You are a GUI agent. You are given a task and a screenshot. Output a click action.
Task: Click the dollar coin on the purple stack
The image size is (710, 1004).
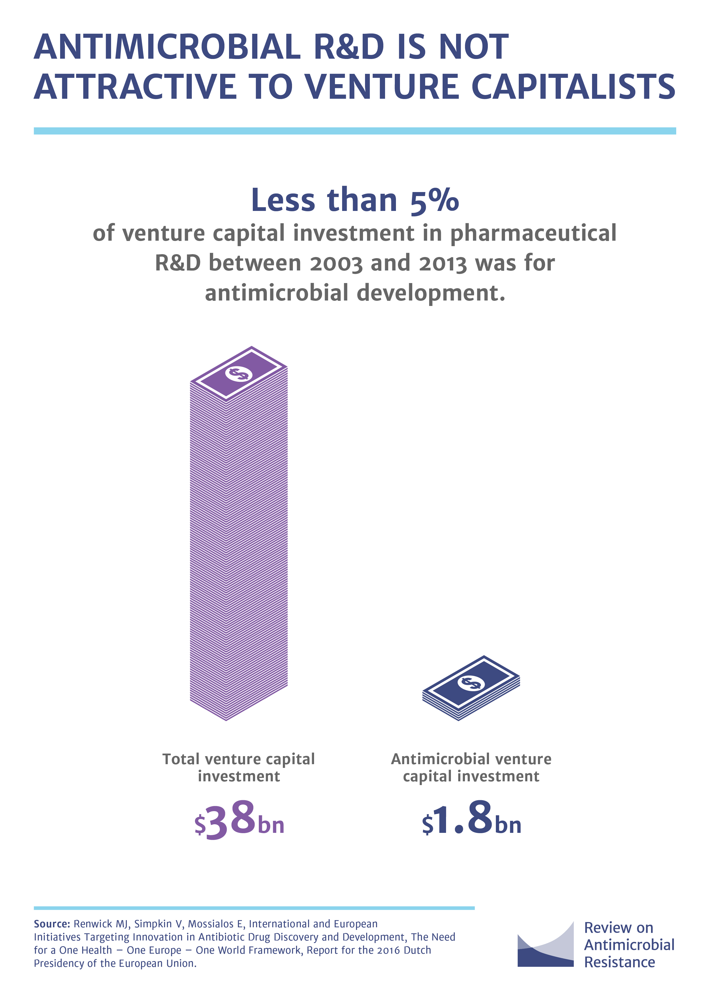coord(239,373)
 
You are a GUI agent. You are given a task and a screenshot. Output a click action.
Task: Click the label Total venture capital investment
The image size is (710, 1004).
coord(239,768)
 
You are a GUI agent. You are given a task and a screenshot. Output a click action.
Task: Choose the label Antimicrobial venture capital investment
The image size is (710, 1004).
coord(471,768)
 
